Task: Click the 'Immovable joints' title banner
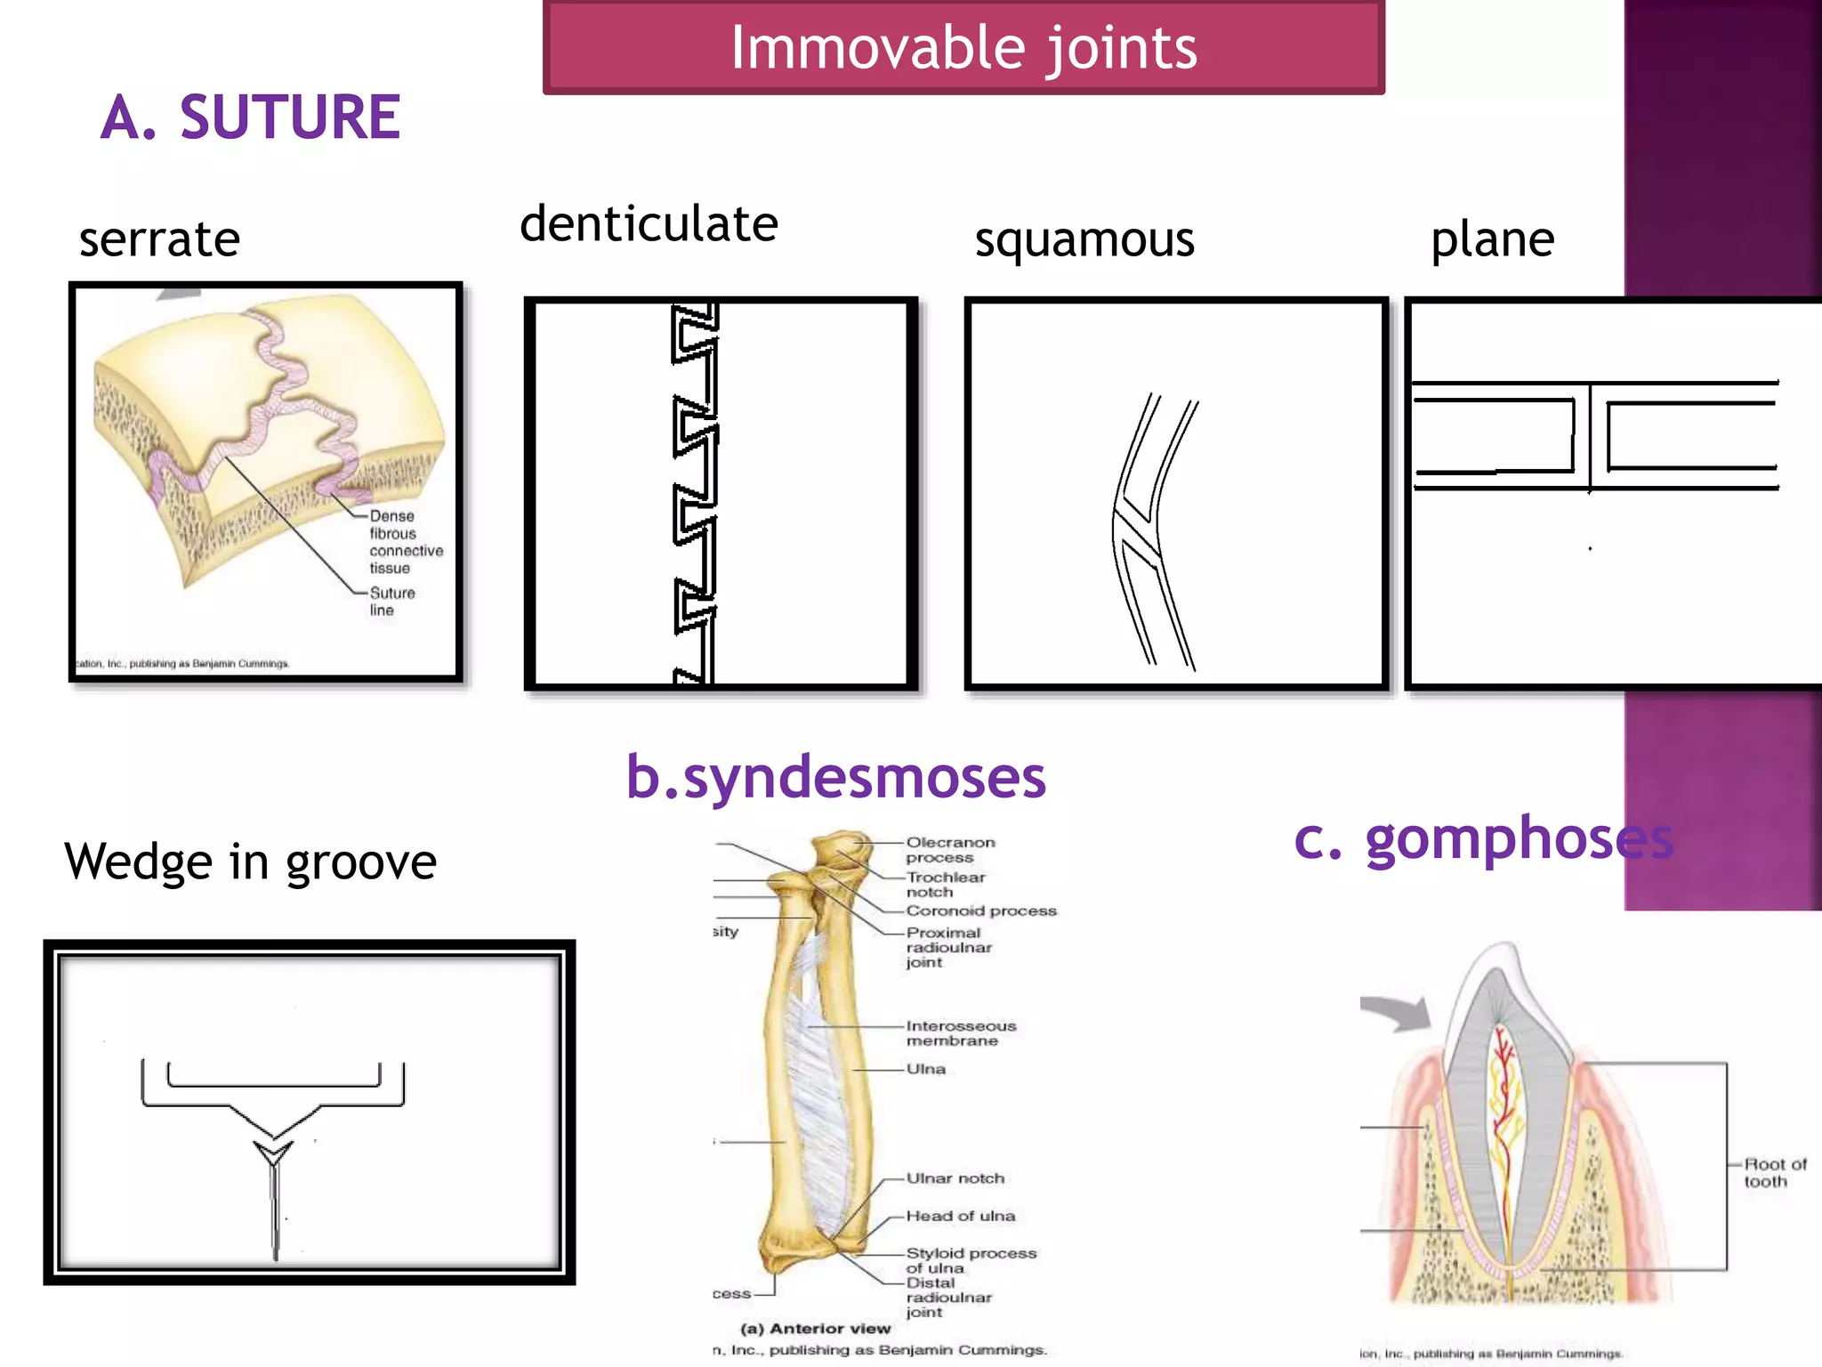pyautogui.click(x=963, y=47)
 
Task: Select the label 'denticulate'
pyautogui.click(x=649, y=223)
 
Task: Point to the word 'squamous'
pyautogui.click(x=1084, y=239)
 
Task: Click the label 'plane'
pyautogui.click(x=1492, y=239)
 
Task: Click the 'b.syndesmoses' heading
pyautogui.click(x=835, y=777)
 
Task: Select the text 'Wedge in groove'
pyautogui.click(x=250, y=861)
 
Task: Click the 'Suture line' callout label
pyautogui.click(x=391, y=602)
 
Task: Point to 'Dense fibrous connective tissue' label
pyautogui.click(x=405, y=542)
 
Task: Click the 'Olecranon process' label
pyautogui.click(x=949, y=850)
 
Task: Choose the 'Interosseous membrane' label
pyautogui.click(x=960, y=1033)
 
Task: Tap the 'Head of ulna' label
pyautogui.click(x=960, y=1216)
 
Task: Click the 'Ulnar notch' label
pyautogui.click(x=955, y=1178)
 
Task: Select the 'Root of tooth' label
pyautogui.click(x=1774, y=1173)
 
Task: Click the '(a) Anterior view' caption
pyautogui.click(x=815, y=1329)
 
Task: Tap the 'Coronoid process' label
pyautogui.click(x=980, y=911)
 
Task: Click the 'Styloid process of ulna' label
pyautogui.click(x=970, y=1260)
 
